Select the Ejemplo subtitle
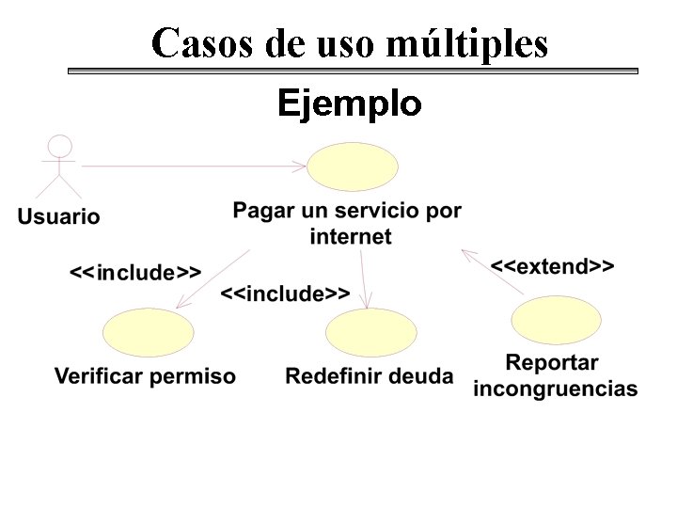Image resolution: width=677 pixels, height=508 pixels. coord(350,103)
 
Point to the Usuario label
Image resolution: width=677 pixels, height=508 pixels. coord(58,216)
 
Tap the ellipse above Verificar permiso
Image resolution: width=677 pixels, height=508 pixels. coord(148,334)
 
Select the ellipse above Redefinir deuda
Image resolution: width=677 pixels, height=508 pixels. coord(370,334)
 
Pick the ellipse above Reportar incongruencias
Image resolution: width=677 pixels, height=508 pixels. coord(556,320)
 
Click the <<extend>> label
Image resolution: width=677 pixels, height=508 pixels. coord(552,266)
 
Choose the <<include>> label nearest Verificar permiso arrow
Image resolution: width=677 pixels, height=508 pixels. coord(135,273)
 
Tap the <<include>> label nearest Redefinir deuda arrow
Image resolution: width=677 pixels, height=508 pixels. coord(285,294)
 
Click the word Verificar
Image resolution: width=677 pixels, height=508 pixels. coord(99,377)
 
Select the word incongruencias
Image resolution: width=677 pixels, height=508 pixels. coord(555,389)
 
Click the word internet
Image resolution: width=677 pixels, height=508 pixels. coord(350,236)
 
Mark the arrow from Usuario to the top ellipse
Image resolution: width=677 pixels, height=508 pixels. coord(193,167)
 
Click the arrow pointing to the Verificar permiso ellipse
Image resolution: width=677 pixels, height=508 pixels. coord(213,278)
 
